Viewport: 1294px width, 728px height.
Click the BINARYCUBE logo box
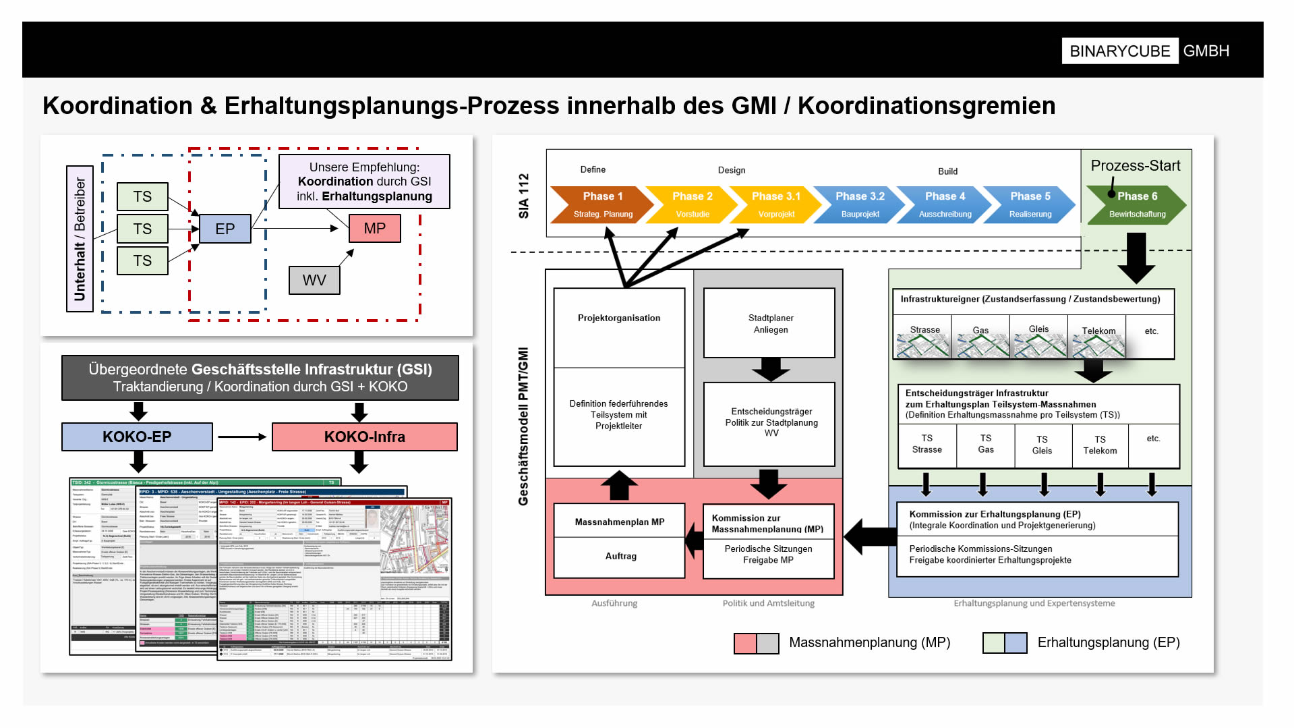click(x=1119, y=51)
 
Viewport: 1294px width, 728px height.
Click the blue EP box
click(x=225, y=229)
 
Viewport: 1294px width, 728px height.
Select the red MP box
click(x=374, y=228)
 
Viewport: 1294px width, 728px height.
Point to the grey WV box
click(x=314, y=280)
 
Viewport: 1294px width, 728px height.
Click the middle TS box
click(x=142, y=229)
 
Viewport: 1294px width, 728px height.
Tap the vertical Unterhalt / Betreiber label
click(x=80, y=238)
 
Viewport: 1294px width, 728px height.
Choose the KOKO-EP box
click(x=137, y=437)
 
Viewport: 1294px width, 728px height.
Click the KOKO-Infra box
click(x=364, y=437)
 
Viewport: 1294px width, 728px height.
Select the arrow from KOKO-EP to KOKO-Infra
click(x=242, y=437)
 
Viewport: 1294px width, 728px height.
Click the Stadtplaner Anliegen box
click(x=769, y=323)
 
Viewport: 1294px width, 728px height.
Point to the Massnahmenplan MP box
click(x=619, y=522)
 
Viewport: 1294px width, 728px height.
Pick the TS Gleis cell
click(x=1042, y=445)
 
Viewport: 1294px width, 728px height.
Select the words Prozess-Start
click(x=1135, y=165)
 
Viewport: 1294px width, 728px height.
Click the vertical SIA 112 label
click(x=523, y=196)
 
